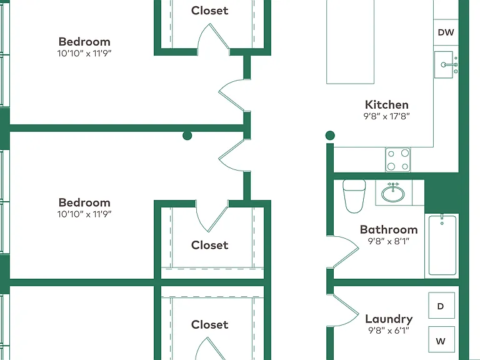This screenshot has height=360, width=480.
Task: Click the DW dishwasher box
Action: point(446,32)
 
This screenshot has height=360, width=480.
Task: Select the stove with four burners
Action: point(398,159)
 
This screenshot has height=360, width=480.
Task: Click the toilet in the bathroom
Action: point(354,196)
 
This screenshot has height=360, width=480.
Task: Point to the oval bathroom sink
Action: point(392,193)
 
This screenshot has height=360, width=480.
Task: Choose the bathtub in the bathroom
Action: point(442,245)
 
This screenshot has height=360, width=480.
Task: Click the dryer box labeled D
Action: point(441,305)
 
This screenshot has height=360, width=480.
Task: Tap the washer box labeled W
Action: point(441,340)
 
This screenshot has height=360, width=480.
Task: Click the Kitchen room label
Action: point(387,105)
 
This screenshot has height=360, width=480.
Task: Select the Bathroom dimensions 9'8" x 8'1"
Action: point(389,241)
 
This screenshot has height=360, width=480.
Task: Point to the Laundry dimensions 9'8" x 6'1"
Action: point(389,330)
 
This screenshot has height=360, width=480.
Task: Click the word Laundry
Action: point(389,319)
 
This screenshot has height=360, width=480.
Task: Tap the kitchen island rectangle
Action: point(350,42)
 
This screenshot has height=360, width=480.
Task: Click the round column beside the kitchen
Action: point(330,135)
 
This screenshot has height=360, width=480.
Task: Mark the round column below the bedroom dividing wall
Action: point(187,135)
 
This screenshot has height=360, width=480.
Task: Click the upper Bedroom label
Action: point(84,42)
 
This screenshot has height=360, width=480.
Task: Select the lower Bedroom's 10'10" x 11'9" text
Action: point(84,214)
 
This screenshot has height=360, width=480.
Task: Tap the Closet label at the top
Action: point(210,11)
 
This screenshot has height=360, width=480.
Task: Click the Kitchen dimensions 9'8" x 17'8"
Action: point(387,116)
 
